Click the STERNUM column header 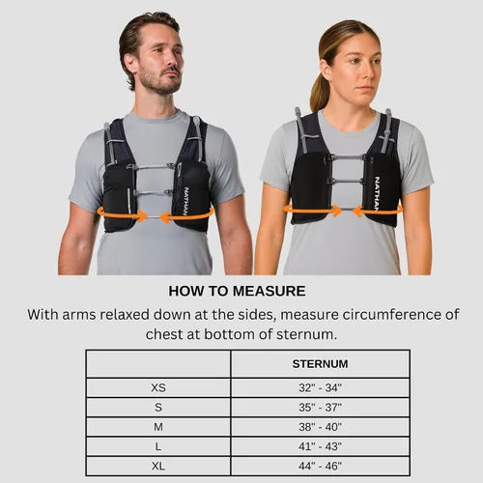320,364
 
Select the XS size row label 158,387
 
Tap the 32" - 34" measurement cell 320,387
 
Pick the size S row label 158,408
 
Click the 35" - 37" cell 320,408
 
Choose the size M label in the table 158,427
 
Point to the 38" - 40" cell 320,427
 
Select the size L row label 158,446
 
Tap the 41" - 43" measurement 320,446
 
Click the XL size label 158,466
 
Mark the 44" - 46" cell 320,466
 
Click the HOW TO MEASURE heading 237,291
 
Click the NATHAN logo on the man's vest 185,201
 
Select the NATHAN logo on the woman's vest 377,193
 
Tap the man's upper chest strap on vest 152,167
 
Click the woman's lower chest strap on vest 346,181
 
